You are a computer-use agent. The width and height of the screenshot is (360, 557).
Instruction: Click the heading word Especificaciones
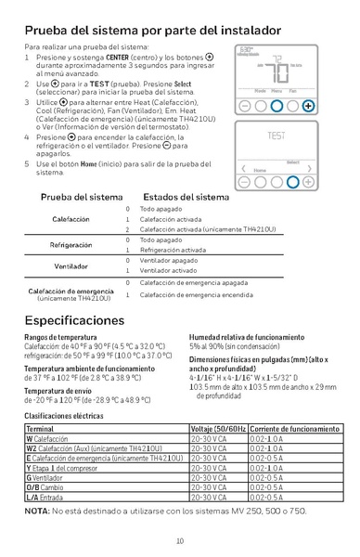point(74,320)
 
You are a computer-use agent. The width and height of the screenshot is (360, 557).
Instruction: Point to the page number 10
point(180,541)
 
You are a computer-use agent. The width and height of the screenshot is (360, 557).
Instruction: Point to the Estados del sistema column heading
point(186,197)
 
